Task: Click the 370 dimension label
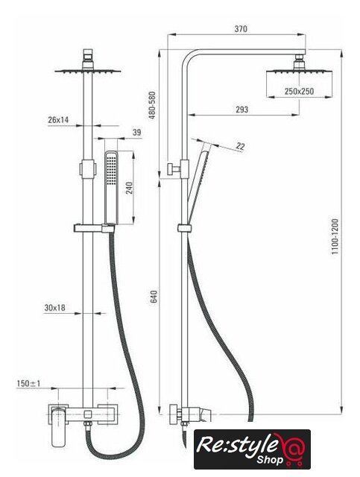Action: pyautogui.click(x=241, y=29)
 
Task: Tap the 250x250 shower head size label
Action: pyautogui.click(x=299, y=91)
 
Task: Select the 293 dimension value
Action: pyautogui.click(x=242, y=110)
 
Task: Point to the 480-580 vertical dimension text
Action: pyautogui.click(x=152, y=105)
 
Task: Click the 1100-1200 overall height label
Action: pyautogui.click(x=335, y=236)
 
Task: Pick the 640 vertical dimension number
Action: pyautogui.click(x=154, y=297)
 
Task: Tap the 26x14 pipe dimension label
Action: pyautogui.click(x=58, y=120)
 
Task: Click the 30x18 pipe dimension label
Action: pyautogui.click(x=54, y=308)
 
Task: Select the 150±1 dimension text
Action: pyautogui.click(x=28, y=383)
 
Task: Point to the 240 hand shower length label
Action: pyautogui.click(x=130, y=188)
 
